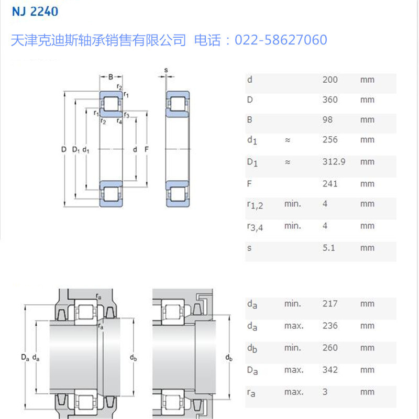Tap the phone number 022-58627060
pyautogui.click(x=281, y=40)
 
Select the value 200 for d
pyautogui.click(x=330, y=80)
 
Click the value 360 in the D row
pyautogui.click(x=330, y=100)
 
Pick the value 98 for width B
pyautogui.click(x=328, y=119)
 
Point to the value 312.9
pyautogui.click(x=334, y=161)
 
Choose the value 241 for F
pyautogui.click(x=330, y=183)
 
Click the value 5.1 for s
pyautogui.click(x=328, y=247)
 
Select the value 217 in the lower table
pyautogui.click(x=330, y=303)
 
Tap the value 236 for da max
pyautogui.click(x=330, y=326)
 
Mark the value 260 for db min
pyautogui.click(x=330, y=347)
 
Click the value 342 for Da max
pyautogui.click(x=330, y=370)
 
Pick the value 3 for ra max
pyautogui.click(x=325, y=391)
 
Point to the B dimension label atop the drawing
pyautogui.click(x=111, y=77)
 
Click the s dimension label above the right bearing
pyautogui.click(x=166, y=70)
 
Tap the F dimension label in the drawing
pyautogui.click(x=146, y=150)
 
